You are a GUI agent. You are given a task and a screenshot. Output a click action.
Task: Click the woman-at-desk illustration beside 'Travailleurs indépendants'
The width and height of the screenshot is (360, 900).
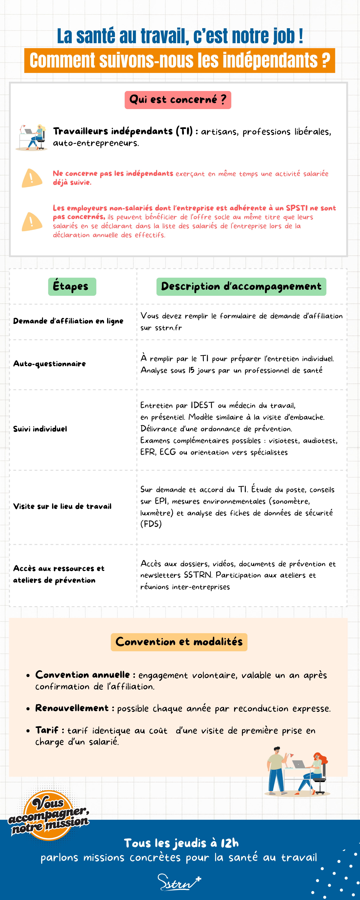(x=32, y=137)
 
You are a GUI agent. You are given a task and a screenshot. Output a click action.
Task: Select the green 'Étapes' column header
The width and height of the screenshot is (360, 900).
(x=72, y=286)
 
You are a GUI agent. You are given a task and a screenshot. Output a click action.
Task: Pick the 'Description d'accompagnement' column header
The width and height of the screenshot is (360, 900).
(x=241, y=286)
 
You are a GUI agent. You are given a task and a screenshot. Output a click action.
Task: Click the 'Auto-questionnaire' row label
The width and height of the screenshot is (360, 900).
(x=49, y=364)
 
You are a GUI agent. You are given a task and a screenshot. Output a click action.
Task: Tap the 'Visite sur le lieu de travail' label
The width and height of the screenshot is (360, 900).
(x=62, y=506)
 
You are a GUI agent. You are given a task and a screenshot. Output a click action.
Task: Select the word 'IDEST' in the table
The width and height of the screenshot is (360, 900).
(x=202, y=405)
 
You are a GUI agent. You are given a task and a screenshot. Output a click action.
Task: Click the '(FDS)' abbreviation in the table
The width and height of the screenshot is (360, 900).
(x=151, y=524)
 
